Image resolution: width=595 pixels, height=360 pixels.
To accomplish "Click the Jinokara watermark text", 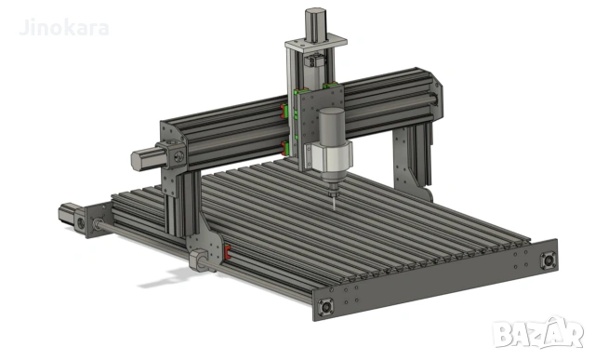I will click(62, 27).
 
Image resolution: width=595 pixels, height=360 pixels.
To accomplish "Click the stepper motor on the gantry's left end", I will click(147, 158).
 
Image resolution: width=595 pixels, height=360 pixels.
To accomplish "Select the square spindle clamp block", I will click(327, 158).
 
